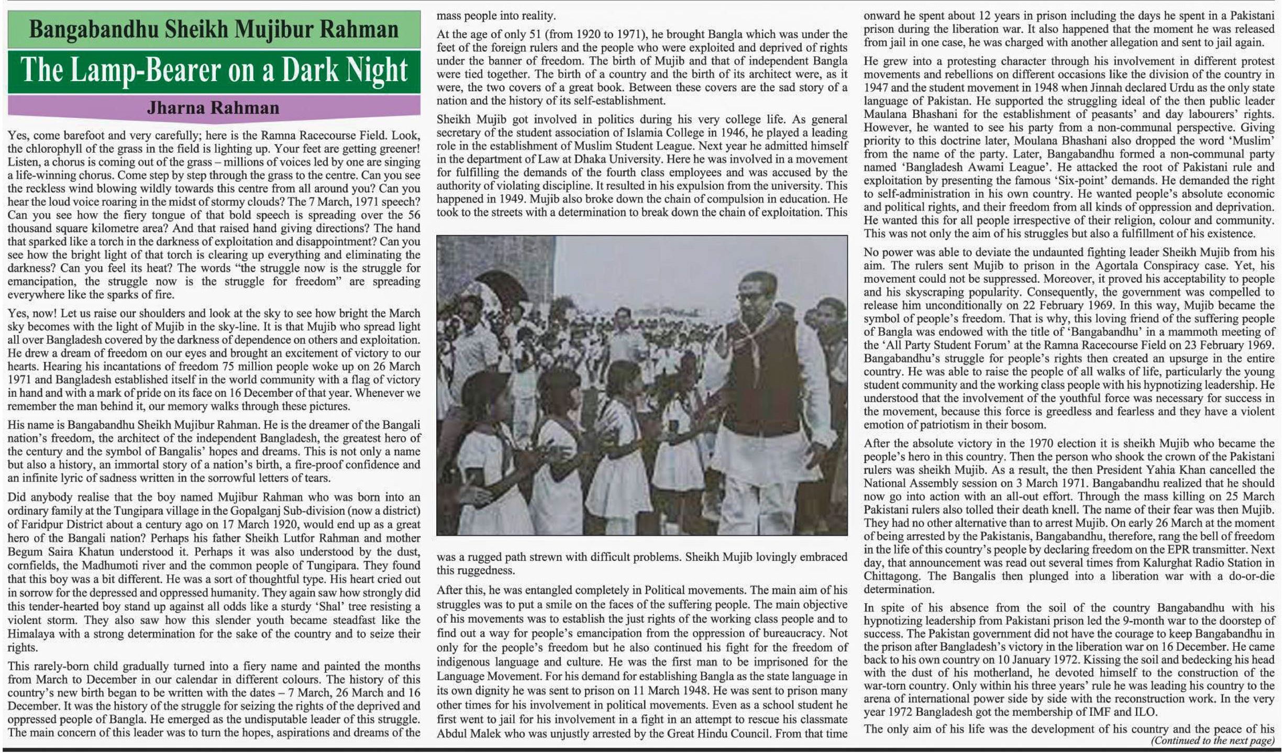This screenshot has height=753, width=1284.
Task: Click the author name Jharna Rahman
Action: tap(213, 108)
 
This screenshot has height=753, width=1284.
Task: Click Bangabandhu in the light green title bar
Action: tap(93, 29)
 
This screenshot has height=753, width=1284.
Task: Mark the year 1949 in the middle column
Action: tap(538, 199)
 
